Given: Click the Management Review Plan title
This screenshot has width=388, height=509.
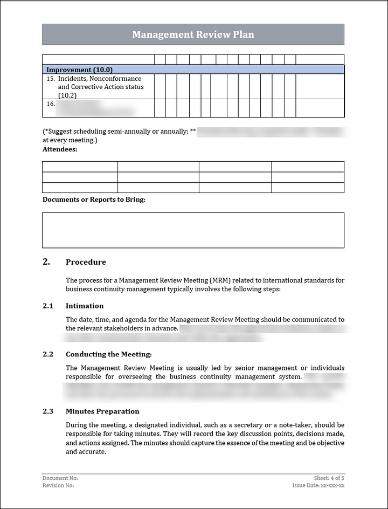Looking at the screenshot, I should tap(193, 35).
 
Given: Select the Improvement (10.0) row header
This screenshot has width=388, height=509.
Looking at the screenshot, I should tap(79, 70).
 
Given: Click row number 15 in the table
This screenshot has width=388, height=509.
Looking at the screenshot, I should tap(51, 79).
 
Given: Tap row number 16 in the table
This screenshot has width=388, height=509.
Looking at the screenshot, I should tap(51, 104).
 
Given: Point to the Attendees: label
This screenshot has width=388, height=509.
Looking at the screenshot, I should tap(60, 149).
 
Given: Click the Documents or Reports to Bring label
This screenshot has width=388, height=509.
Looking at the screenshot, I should tap(94, 200).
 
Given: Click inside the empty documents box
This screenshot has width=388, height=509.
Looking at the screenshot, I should tap(193, 230).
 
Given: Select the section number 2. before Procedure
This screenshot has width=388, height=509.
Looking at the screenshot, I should tap(46, 262).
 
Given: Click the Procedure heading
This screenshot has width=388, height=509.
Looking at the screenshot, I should tap(86, 262).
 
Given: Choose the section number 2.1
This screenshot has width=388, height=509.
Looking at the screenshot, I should tap(48, 306).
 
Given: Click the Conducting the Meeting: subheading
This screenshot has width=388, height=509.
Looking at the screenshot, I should tap(109, 354).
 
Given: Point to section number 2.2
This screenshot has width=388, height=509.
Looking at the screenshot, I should tap(48, 354).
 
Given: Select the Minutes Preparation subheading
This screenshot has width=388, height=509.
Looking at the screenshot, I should tap(102, 411).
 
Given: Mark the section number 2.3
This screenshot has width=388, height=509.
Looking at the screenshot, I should tap(48, 411).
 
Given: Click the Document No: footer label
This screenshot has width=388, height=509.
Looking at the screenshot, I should tap(60, 478).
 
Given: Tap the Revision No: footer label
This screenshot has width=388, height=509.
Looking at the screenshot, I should tap(58, 485).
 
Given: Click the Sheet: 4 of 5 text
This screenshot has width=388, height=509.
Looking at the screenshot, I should tap(329, 478).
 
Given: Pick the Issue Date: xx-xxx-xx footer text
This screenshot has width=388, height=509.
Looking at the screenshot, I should tap(318, 485).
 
